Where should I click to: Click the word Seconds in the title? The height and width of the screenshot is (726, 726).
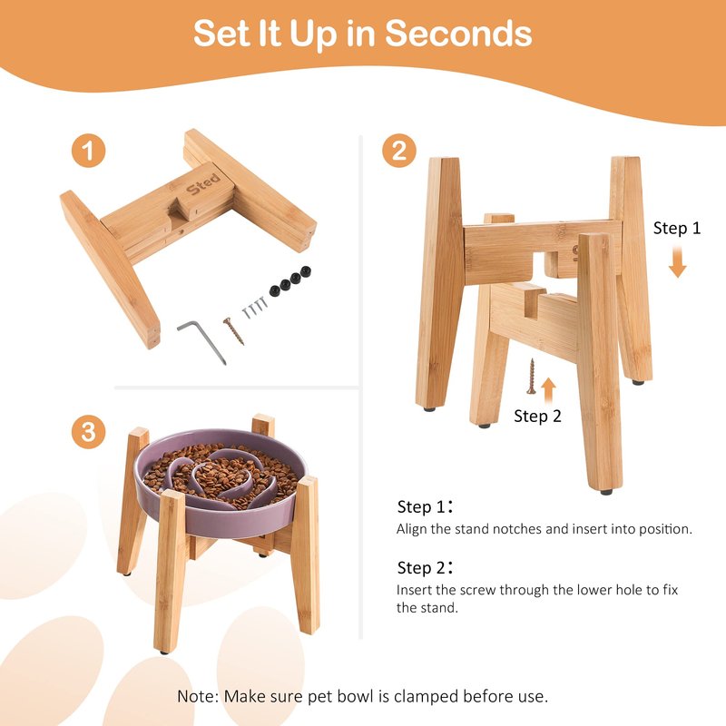point(458,34)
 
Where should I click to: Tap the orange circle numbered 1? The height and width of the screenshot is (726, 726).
point(88,151)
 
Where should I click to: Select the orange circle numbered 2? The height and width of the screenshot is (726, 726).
point(399,151)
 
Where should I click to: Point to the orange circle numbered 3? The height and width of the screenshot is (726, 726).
point(88,432)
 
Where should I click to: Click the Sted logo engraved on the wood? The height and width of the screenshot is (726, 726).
point(203,184)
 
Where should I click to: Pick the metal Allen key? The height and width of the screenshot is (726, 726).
point(202,340)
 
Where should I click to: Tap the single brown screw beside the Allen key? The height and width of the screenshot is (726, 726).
point(233,331)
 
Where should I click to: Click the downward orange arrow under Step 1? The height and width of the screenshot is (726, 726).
point(677,261)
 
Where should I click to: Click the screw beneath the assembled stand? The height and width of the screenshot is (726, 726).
point(532,377)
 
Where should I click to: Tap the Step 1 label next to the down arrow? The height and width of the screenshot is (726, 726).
point(677,228)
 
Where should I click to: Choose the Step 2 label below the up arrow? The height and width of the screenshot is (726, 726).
point(537,416)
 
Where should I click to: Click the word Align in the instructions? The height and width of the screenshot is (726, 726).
point(411,529)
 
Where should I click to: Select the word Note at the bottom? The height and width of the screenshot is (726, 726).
point(197,696)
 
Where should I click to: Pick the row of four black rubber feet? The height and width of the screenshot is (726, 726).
point(290,281)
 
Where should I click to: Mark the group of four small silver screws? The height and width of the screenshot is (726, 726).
point(255,308)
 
